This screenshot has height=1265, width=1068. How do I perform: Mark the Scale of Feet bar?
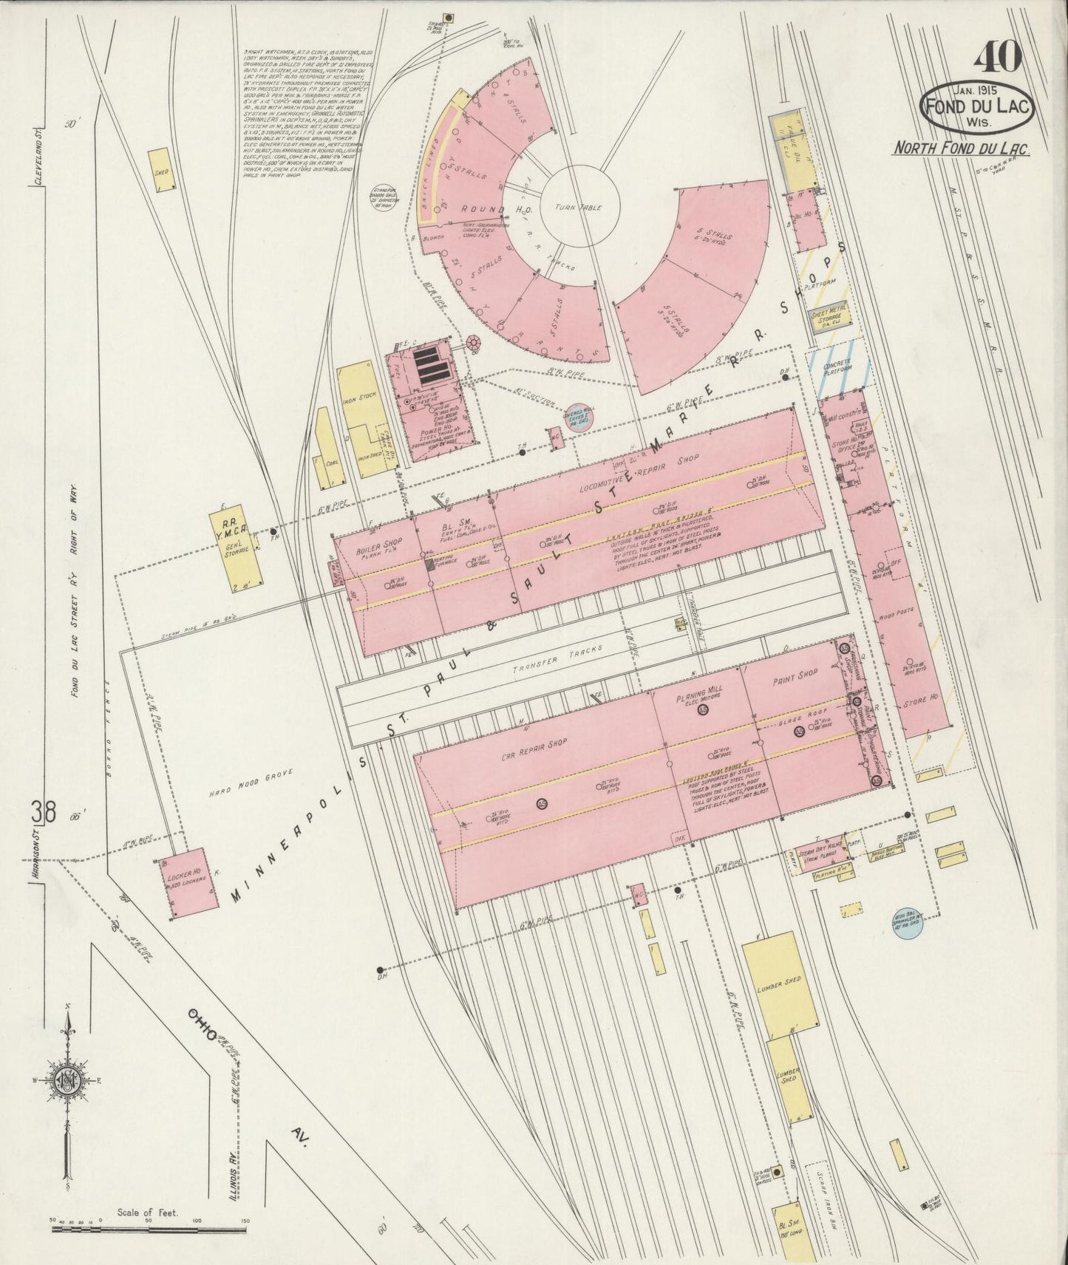coord(148,1230)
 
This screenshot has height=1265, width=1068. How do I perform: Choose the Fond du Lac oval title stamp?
coord(977,107)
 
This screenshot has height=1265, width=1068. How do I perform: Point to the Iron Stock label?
coord(367,396)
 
